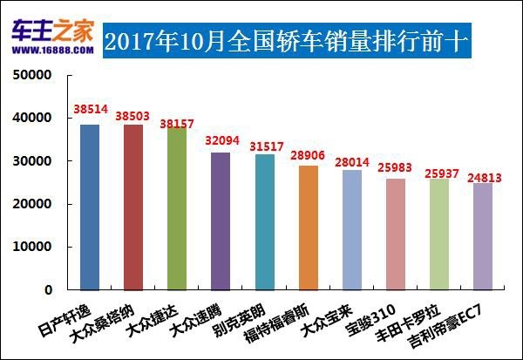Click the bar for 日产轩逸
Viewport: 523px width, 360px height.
90,207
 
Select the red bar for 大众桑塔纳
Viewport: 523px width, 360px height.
133,207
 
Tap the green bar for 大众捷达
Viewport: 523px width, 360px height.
177,208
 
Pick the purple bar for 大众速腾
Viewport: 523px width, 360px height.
221,221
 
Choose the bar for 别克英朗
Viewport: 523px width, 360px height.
265,222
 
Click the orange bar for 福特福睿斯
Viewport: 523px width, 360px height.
309,228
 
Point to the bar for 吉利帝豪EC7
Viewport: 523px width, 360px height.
483,236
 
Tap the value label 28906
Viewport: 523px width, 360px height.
309,154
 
